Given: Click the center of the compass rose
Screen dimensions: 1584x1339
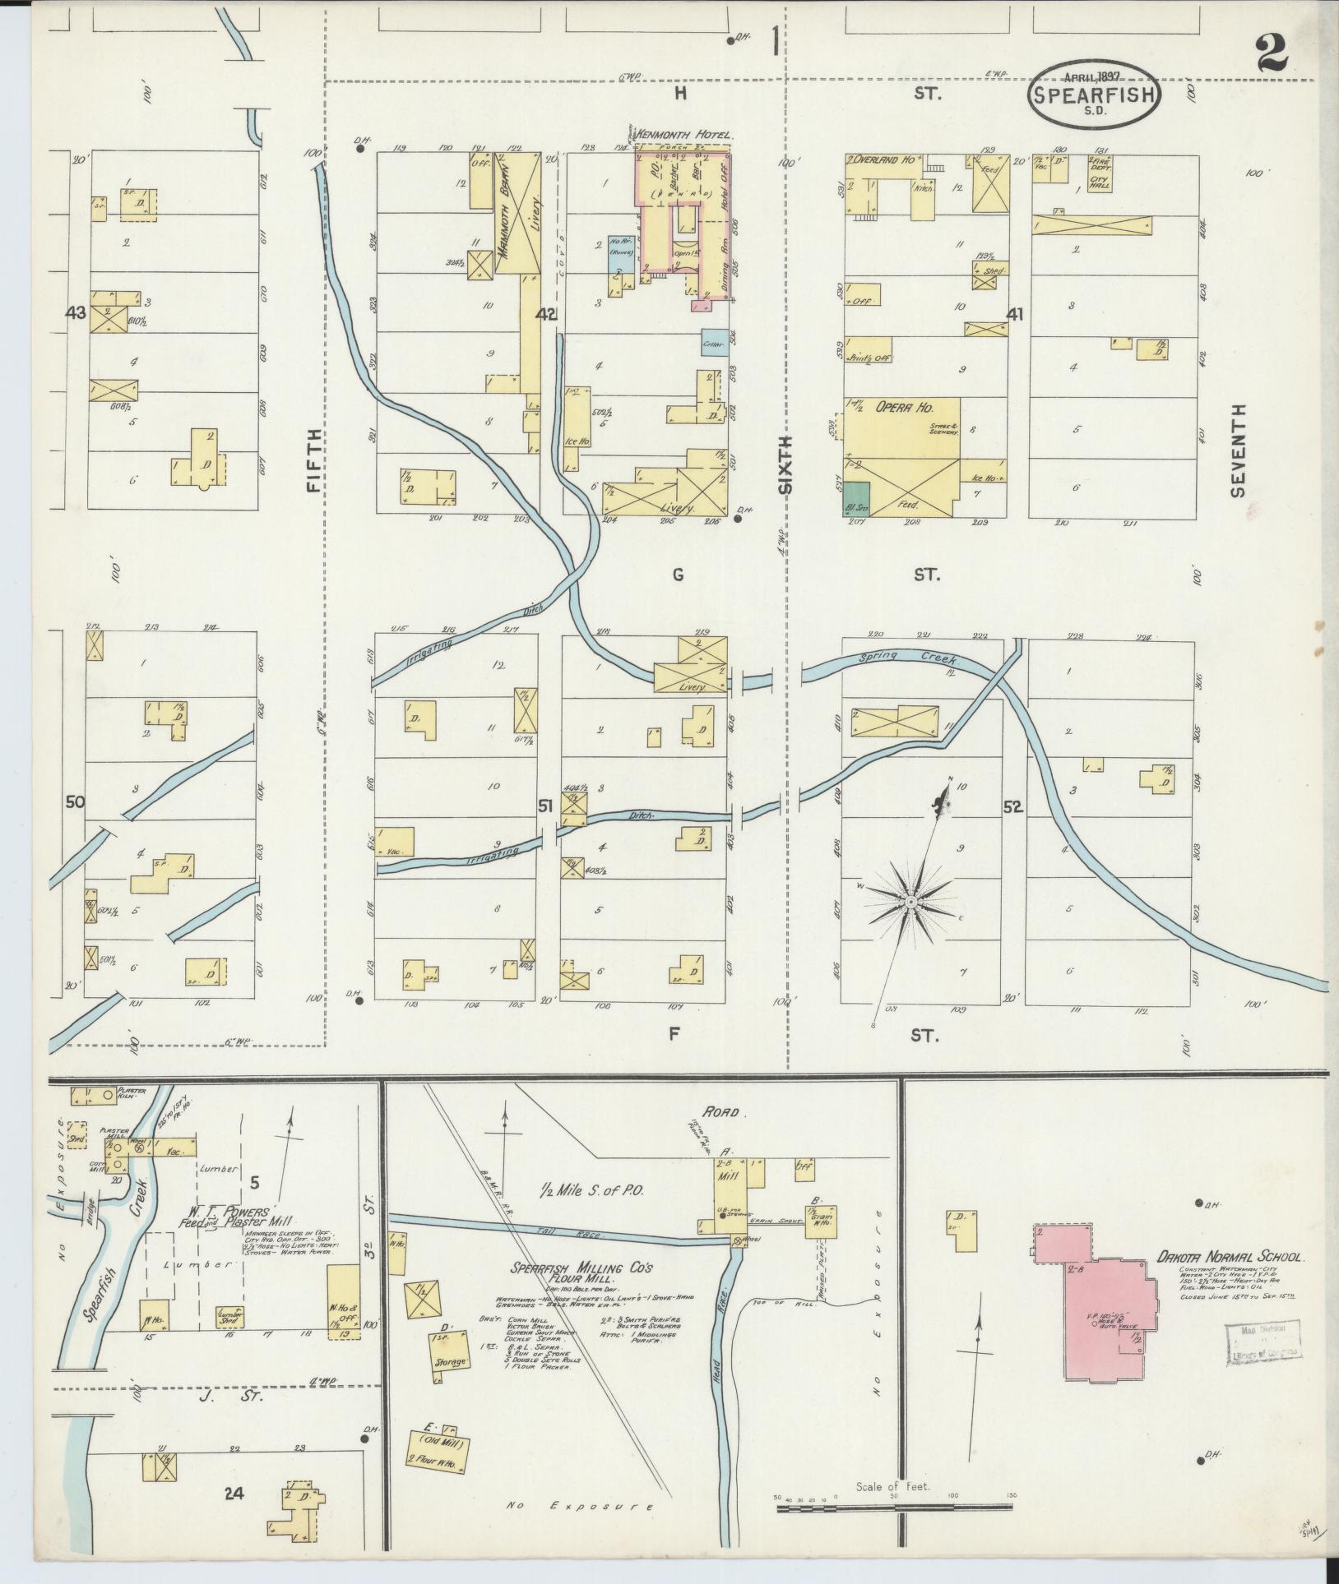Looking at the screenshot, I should point(911,903).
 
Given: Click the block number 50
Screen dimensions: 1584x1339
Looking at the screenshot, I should point(75,801).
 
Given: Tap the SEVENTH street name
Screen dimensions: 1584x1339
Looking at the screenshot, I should point(1239,450).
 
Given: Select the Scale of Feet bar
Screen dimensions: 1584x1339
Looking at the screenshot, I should point(894,1508).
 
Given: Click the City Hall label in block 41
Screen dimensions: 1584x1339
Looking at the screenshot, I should point(1100,182).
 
